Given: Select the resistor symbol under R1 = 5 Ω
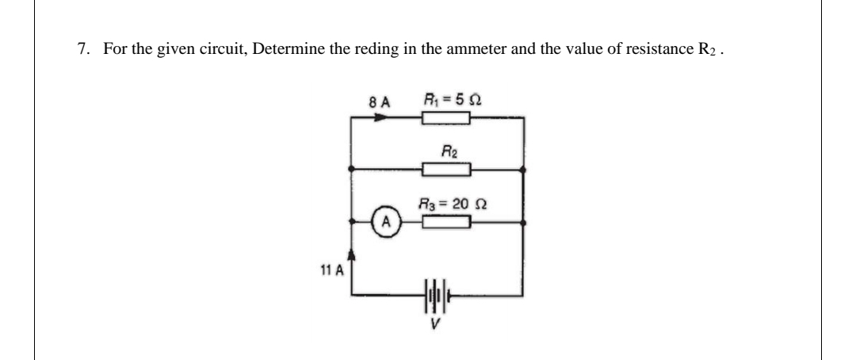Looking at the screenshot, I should tap(447, 119).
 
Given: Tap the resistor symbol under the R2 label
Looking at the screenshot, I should tap(447, 169).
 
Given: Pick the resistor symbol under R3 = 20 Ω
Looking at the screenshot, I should tap(447, 224).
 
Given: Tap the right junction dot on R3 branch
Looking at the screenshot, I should tap(524, 224).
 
